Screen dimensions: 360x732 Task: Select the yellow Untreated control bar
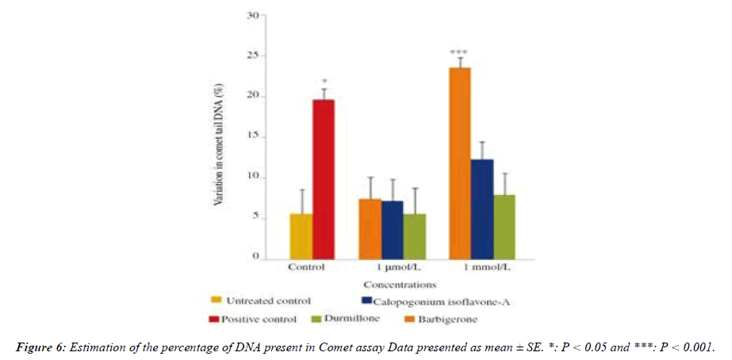301,236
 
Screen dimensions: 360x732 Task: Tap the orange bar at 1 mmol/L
460,163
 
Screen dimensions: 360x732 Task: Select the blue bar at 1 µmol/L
393,229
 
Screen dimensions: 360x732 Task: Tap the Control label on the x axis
307,267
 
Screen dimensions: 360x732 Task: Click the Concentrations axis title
400,283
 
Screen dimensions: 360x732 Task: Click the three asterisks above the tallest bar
459,52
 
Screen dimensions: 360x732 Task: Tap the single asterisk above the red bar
324,82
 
